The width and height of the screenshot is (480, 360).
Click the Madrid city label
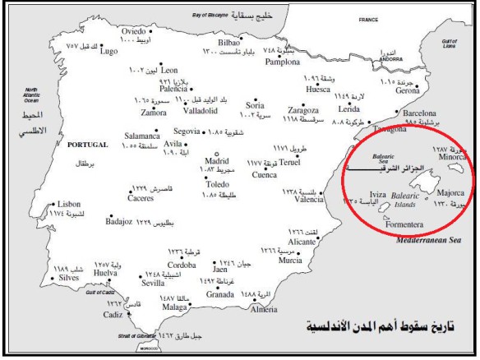pyautogui.click(x=215, y=161)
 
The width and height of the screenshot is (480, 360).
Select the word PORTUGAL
pyautogui.click(x=88, y=145)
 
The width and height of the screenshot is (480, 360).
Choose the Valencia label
pyautogui.click(x=309, y=199)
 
